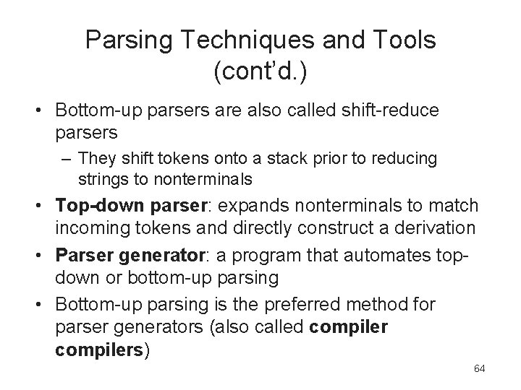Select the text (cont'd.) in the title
tap(260, 71)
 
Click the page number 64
tap(479, 369)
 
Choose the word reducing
tap(411, 157)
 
